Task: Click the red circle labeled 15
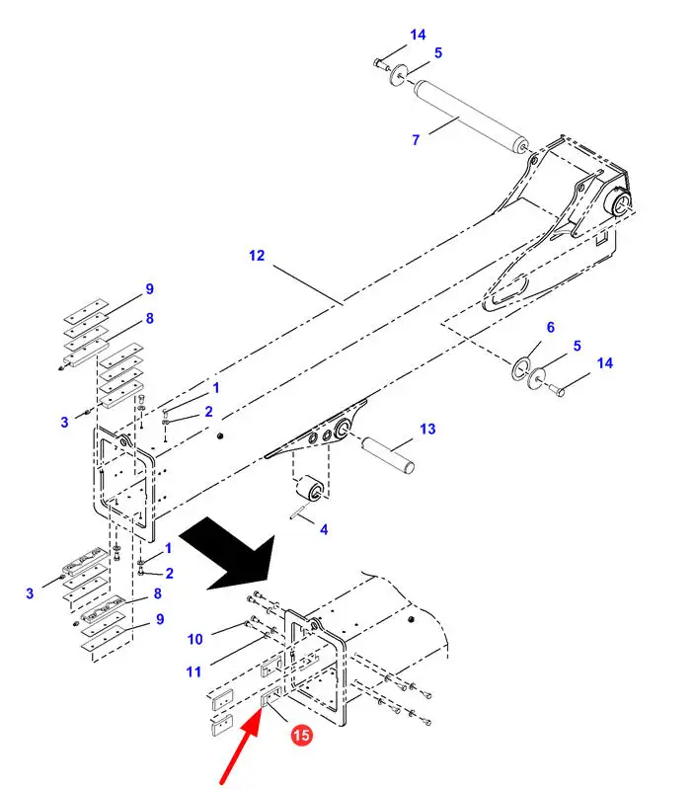[x=301, y=735]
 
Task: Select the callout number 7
[x=416, y=140]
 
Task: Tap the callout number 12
[x=257, y=256]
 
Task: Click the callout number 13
[x=426, y=430]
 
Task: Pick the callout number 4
[x=323, y=530]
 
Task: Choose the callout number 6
[x=551, y=328]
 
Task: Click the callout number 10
[x=194, y=638]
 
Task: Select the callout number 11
[x=193, y=672]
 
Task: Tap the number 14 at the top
[x=418, y=36]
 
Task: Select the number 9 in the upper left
[x=150, y=289]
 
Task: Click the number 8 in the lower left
[x=156, y=594]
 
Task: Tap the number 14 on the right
[x=604, y=363]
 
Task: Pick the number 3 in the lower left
[x=30, y=593]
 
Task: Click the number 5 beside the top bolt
[x=438, y=52]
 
